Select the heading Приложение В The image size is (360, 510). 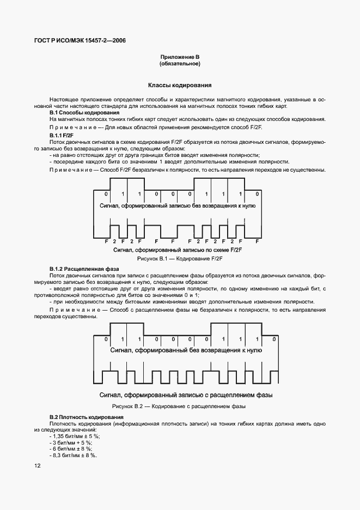(x=180, y=57)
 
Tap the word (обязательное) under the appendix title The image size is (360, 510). (x=180, y=64)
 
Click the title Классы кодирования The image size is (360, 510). (x=180, y=86)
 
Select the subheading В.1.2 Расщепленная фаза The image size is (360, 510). (x=84, y=269)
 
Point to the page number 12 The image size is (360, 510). (x=36, y=465)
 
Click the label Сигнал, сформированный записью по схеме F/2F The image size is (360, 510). (x=180, y=250)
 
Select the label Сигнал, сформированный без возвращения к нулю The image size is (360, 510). (x=182, y=351)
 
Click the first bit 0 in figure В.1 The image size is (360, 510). (x=106, y=194)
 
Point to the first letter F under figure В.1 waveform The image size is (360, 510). (x=107, y=241)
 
